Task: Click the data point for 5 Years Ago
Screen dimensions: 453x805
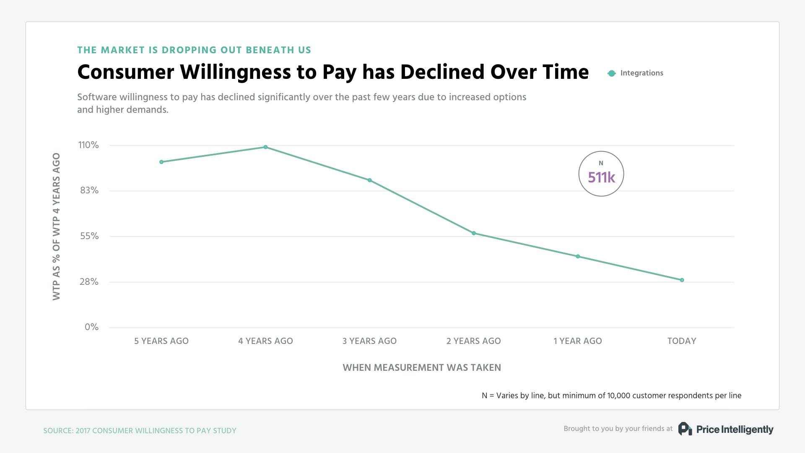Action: (161, 162)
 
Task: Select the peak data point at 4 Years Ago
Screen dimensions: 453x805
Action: (265, 147)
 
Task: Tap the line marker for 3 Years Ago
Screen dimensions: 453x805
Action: (369, 180)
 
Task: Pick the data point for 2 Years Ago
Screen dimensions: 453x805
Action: (474, 233)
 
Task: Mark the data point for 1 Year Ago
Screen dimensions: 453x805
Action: (578, 256)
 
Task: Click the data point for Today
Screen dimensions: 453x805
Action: (682, 280)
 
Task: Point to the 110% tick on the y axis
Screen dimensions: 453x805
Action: (88, 145)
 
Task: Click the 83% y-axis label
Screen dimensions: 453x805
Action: (89, 190)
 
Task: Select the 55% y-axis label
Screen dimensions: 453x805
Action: (89, 236)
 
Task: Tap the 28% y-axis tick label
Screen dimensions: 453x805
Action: (89, 282)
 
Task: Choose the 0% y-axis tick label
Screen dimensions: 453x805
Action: (91, 327)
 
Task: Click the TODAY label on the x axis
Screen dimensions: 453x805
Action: (682, 341)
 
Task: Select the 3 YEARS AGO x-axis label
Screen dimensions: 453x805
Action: (369, 341)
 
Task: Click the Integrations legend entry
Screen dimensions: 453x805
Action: (636, 73)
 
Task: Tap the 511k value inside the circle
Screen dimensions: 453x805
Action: (601, 177)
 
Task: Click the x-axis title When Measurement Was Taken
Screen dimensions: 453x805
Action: (422, 367)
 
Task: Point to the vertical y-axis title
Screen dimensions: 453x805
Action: (56, 226)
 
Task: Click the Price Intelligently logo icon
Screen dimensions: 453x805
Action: (685, 429)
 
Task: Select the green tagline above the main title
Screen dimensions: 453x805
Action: (194, 50)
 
